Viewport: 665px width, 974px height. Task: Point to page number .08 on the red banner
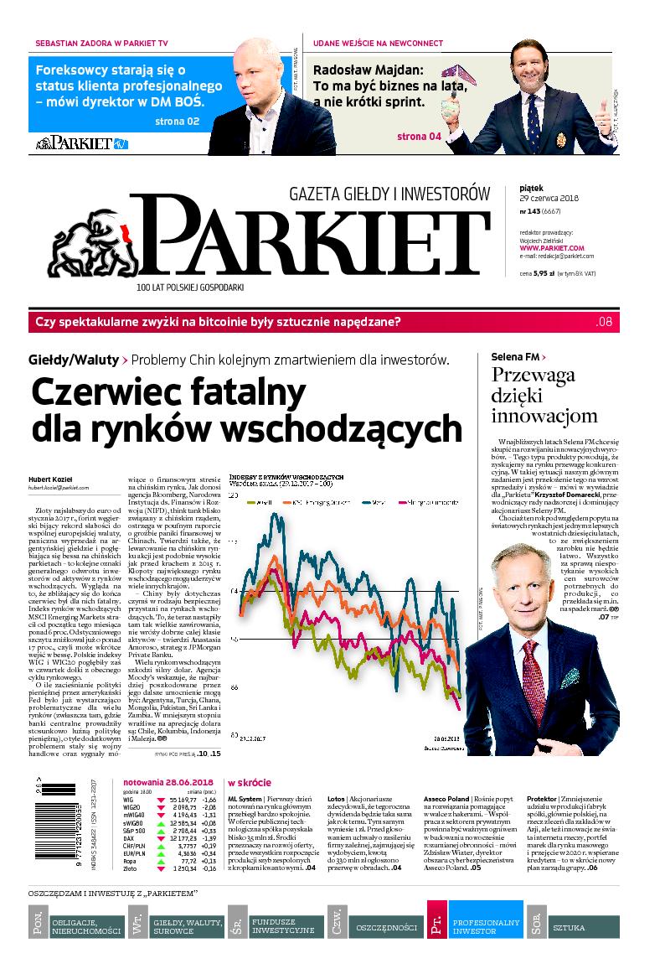tap(605, 323)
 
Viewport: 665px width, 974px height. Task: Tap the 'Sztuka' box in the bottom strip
tap(585, 926)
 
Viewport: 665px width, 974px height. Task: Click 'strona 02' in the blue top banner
tap(177, 122)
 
